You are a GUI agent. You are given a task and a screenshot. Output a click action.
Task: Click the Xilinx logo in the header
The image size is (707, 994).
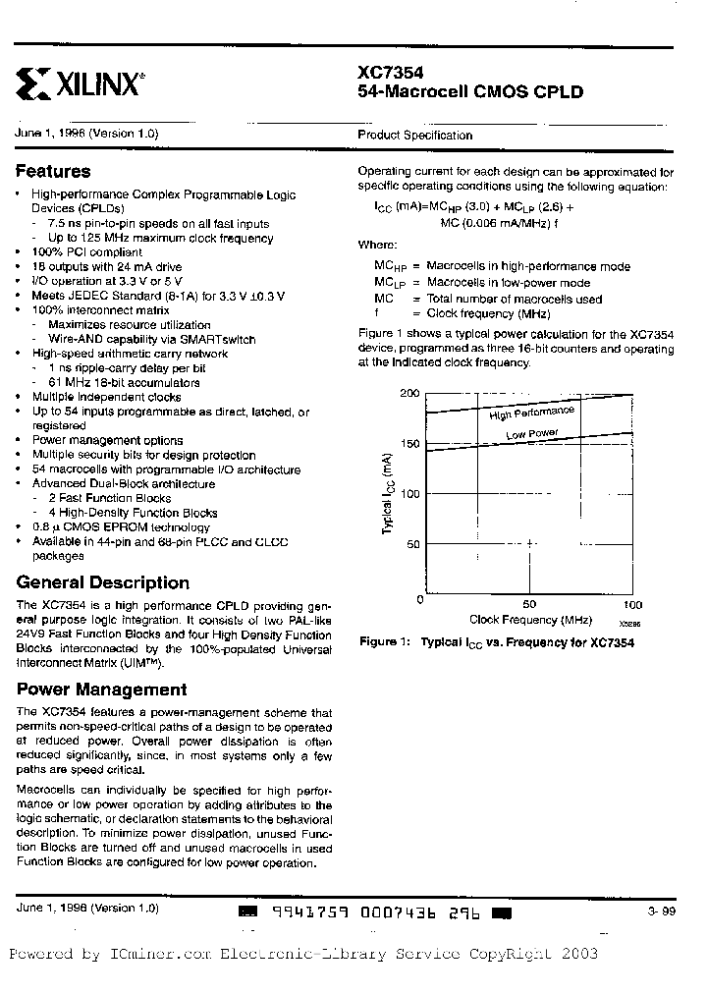[82, 84]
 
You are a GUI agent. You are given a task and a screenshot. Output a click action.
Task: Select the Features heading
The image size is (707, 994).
[53, 171]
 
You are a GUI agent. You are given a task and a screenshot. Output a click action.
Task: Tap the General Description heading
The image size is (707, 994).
[102, 582]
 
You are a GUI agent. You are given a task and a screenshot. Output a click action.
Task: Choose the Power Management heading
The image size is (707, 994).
[101, 690]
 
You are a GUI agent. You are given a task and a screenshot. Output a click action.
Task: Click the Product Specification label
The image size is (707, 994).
[414, 136]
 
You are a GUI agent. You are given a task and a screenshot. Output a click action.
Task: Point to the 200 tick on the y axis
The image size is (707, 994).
[408, 393]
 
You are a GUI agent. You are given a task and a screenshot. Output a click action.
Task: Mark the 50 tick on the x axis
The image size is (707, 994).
[529, 605]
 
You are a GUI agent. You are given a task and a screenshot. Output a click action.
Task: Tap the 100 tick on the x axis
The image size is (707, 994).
[632, 605]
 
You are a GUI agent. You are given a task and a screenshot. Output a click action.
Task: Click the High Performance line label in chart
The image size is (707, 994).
[531, 414]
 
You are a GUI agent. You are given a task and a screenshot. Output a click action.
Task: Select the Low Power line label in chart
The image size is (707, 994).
[532, 433]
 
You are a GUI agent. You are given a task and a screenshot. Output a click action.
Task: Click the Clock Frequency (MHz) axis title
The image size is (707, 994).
[529, 620]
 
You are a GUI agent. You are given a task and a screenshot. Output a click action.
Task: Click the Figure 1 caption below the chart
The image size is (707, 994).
[496, 641]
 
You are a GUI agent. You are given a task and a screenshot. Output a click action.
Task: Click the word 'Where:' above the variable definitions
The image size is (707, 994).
[376, 243]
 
